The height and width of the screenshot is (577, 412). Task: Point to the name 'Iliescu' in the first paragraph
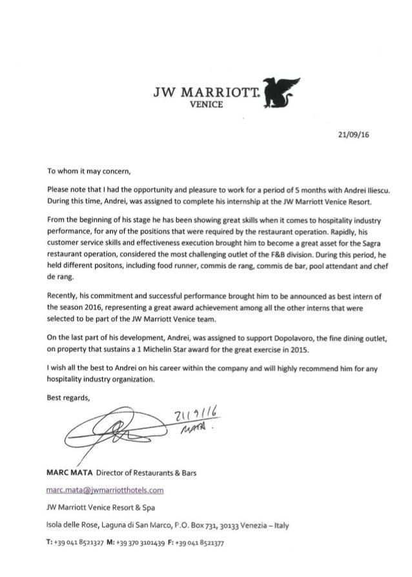tap(376, 191)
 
